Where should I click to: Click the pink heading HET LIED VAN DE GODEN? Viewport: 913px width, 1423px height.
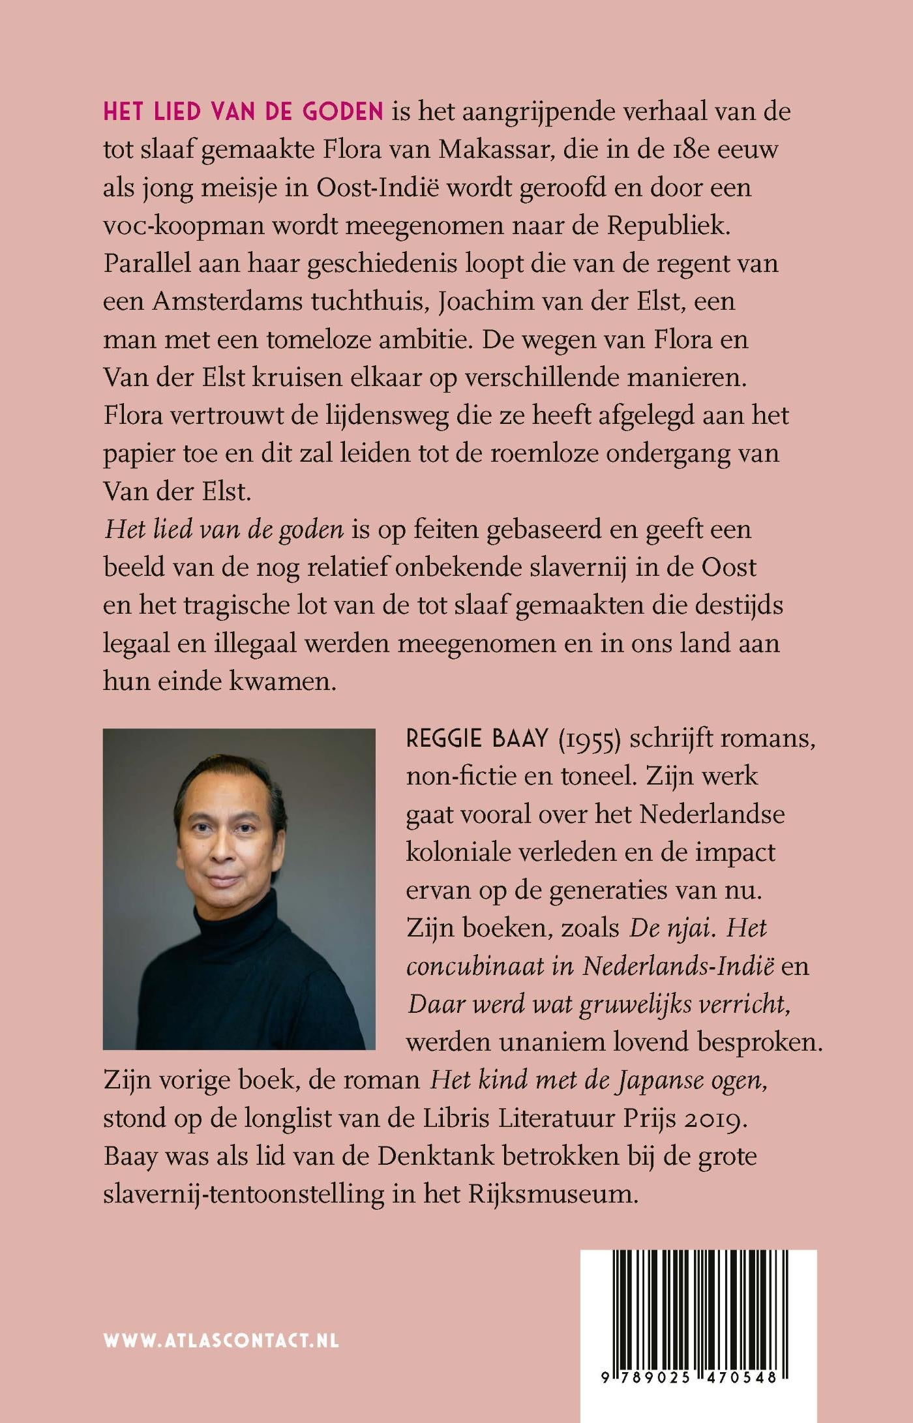coord(243,112)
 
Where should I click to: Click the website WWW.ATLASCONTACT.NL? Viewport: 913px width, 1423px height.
coord(221,1341)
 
